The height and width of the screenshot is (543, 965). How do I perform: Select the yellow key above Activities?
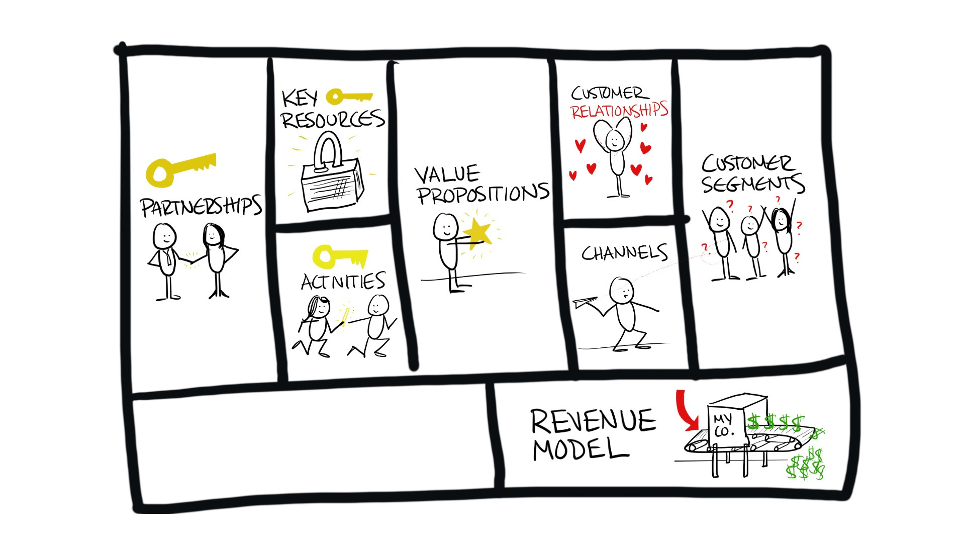(340, 256)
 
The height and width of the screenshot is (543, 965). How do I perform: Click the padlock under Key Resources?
(332, 176)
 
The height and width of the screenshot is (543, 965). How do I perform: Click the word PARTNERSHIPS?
(201, 206)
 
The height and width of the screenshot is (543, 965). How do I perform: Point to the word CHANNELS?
(624, 253)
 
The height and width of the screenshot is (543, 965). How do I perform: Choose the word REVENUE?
(593, 421)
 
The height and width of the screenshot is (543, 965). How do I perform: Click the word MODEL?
(581, 449)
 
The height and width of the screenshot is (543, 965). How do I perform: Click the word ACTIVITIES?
(343, 282)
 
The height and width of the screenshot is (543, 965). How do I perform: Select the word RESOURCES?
(333, 120)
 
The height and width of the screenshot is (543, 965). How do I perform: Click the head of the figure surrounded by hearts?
(614, 139)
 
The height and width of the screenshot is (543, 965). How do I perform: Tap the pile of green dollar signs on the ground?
(806, 465)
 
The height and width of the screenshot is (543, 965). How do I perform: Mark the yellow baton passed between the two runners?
(345, 315)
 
